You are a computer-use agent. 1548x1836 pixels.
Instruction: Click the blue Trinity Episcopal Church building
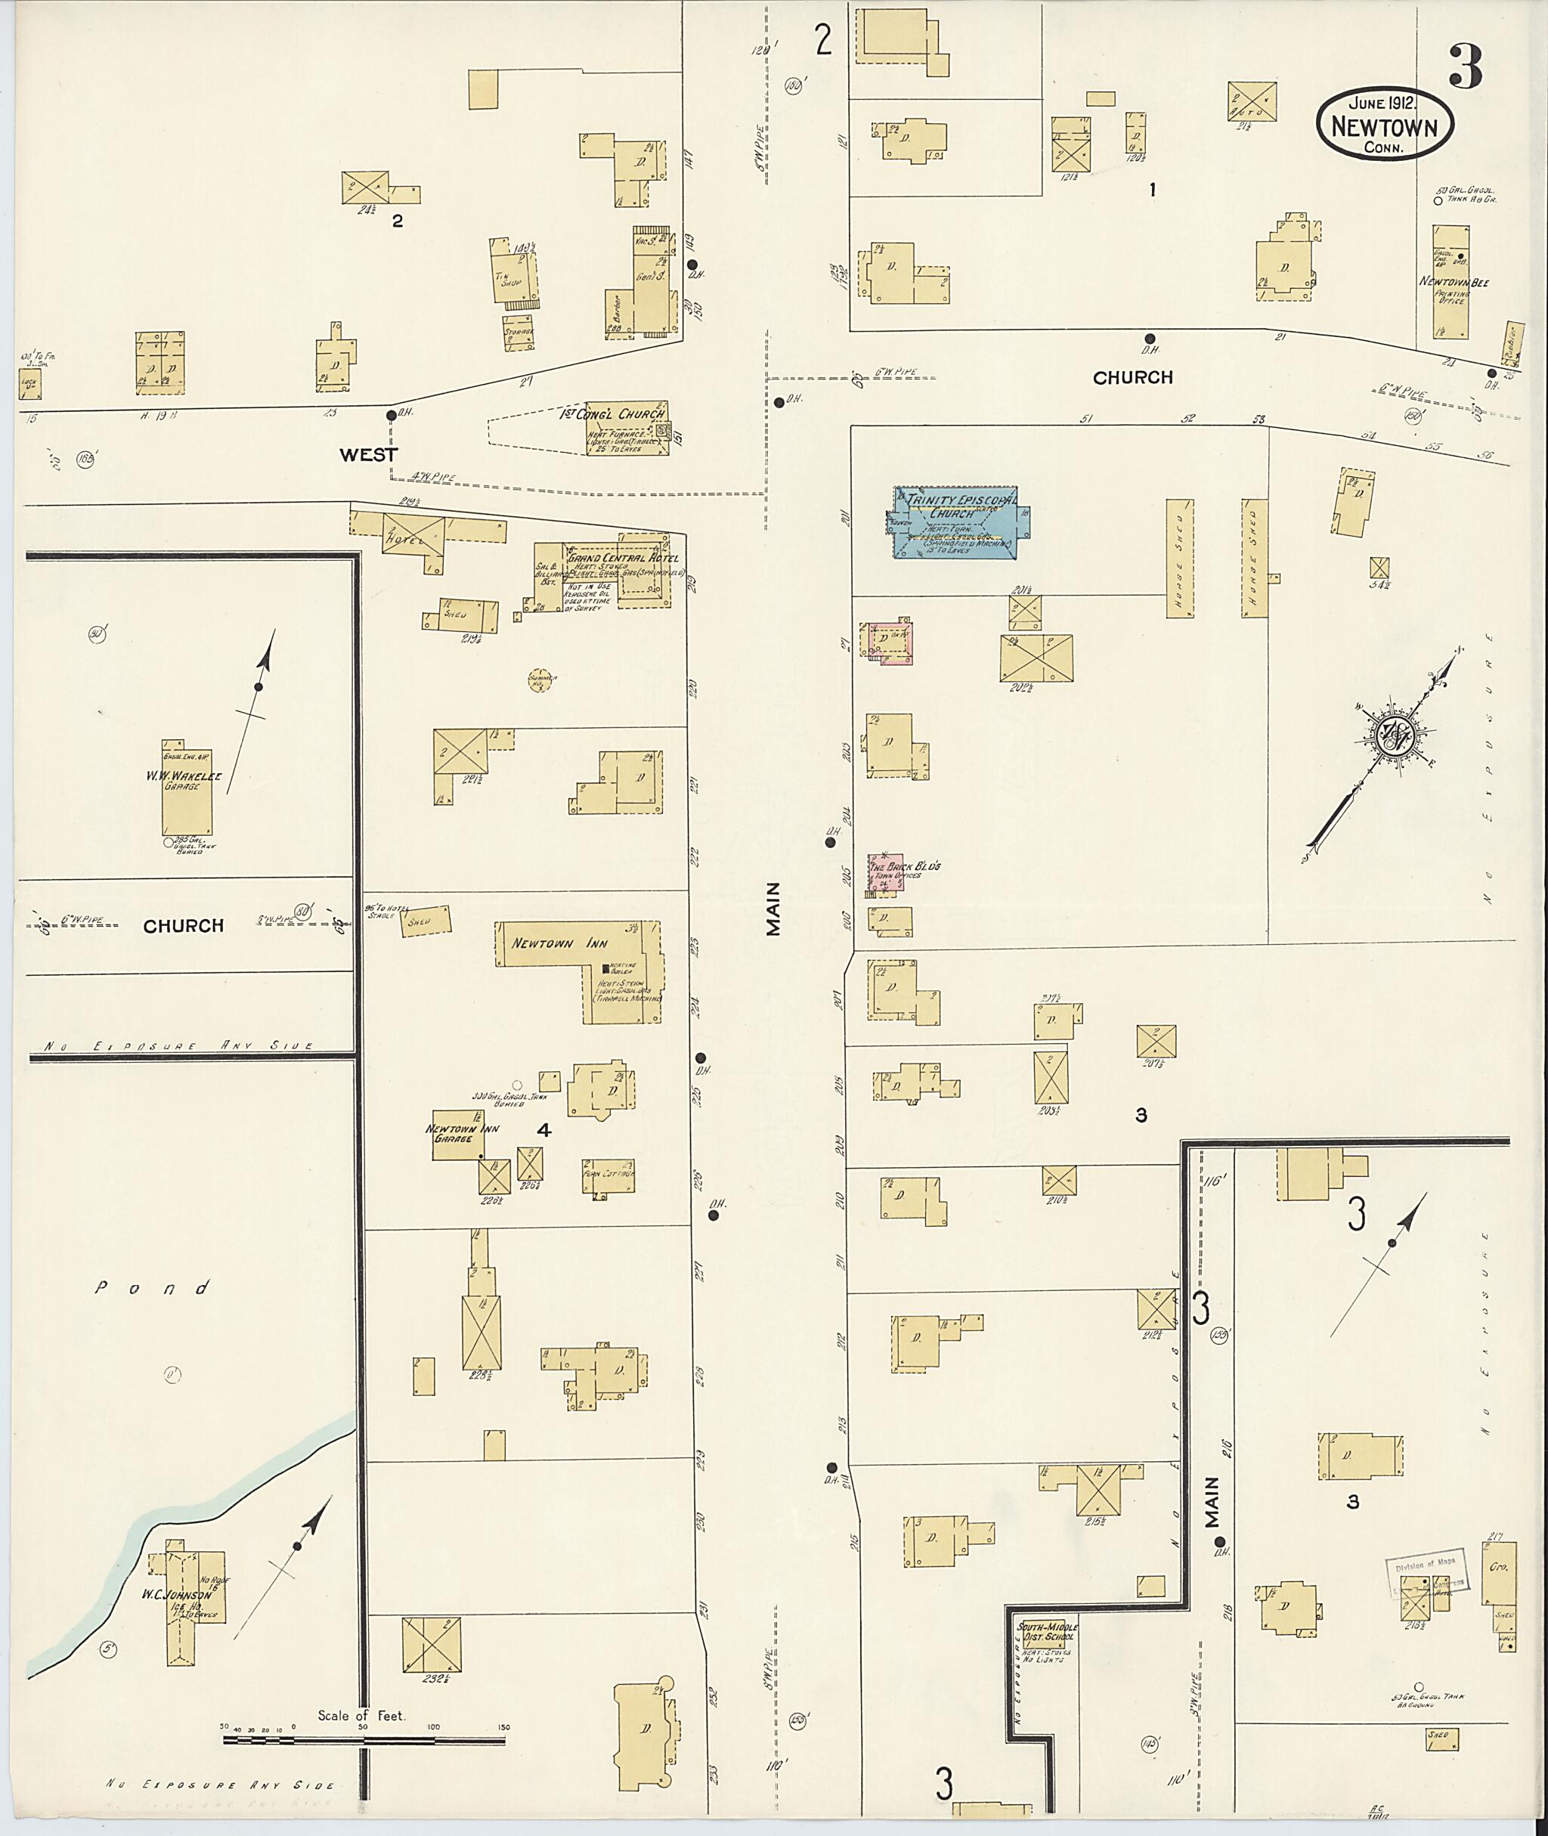960,522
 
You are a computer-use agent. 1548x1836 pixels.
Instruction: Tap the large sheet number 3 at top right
1466,66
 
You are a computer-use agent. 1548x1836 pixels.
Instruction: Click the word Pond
153,1288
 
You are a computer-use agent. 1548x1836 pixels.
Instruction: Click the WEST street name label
369,454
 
